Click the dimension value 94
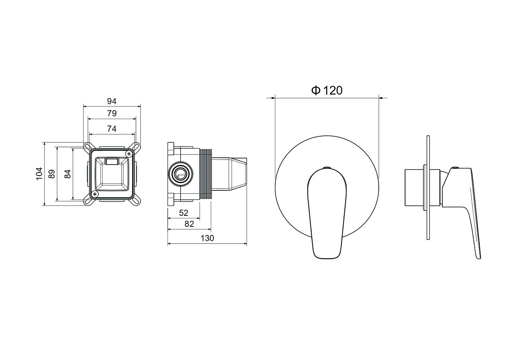[112, 101]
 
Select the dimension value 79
[112, 113]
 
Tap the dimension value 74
[112, 129]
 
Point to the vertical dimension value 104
[39, 174]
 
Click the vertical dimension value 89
[52, 174]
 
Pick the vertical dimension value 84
[68, 174]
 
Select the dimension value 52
[184, 213]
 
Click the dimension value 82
[189, 224]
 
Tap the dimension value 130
[207, 238]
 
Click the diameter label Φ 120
[327, 90]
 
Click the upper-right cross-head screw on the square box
[129, 154]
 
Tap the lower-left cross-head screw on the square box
[95, 194]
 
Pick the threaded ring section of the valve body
[206, 174]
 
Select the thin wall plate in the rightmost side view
[428, 187]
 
